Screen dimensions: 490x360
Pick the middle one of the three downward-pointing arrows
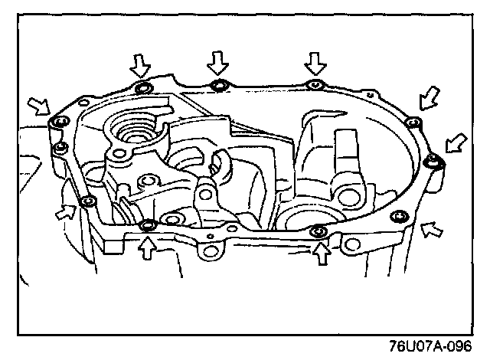point(219,61)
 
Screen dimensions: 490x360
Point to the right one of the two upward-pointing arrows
point(322,250)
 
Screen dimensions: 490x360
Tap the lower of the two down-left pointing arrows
point(458,142)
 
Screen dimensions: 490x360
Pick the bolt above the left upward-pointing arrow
point(149,224)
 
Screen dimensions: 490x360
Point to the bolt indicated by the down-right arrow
point(57,123)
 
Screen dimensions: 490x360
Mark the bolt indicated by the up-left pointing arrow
point(397,217)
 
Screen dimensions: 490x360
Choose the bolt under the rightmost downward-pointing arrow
point(313,85)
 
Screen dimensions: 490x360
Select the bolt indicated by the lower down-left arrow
point(434,160)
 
